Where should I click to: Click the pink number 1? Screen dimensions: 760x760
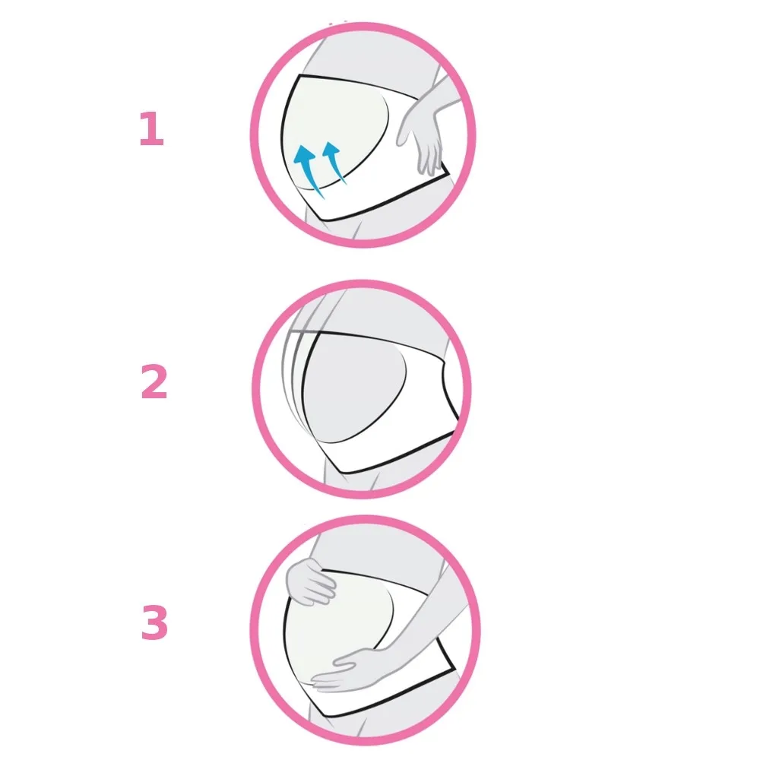point(151,130)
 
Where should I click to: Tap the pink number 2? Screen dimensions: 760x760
point(154,383)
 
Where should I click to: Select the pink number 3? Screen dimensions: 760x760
point(154,624)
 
